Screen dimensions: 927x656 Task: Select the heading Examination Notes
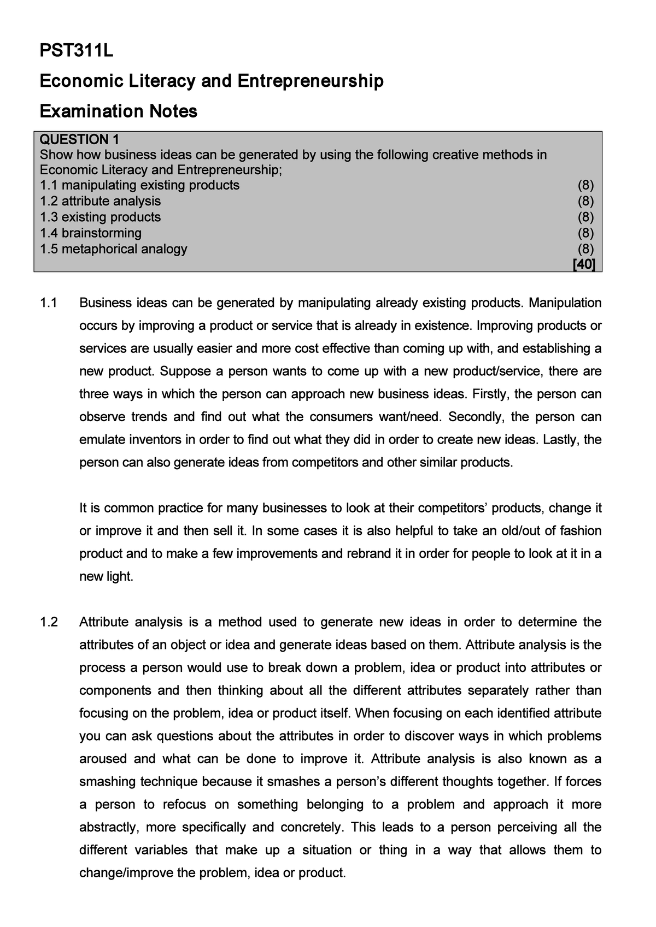[x=119, y=111]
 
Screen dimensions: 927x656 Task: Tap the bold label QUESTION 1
[x=79, y=139]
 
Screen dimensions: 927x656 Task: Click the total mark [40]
[x=584, y=264]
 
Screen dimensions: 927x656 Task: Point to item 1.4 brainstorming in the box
[x=91, y=233]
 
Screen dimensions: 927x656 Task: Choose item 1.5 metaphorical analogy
[x=114, y=249]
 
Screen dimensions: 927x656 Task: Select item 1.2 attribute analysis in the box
[x=101, y=202]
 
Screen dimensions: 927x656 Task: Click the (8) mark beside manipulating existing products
[x=585, y=185]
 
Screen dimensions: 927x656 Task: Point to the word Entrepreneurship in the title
[x=310, y=81]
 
